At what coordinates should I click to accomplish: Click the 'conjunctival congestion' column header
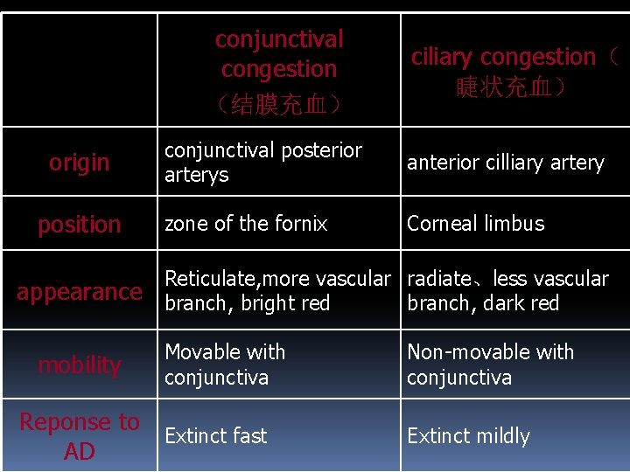[279, 54]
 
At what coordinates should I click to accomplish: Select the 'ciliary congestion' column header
[503, 58]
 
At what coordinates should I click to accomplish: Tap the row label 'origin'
[80, 163]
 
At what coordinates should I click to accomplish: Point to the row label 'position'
[80, 225]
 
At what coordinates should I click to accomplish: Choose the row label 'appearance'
[80, 292]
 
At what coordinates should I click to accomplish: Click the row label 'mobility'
[80, 364]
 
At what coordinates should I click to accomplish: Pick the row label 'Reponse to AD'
[80, 436]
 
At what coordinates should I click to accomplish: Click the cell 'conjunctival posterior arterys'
[262, 163]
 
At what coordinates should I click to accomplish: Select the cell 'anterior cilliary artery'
[505, 163]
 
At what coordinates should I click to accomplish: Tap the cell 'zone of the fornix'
[246, 224]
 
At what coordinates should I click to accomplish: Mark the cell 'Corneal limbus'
[475, 224]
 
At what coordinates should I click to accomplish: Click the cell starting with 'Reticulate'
[277, 291]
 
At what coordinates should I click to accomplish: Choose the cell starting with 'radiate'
[507, 291]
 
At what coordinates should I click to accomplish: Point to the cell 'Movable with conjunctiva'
[225, 364]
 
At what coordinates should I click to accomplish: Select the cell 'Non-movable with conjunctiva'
[490, 364]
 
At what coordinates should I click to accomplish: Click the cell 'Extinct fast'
[215, 435]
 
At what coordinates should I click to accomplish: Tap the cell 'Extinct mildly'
[468, 435]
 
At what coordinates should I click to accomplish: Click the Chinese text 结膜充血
[279, 106]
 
